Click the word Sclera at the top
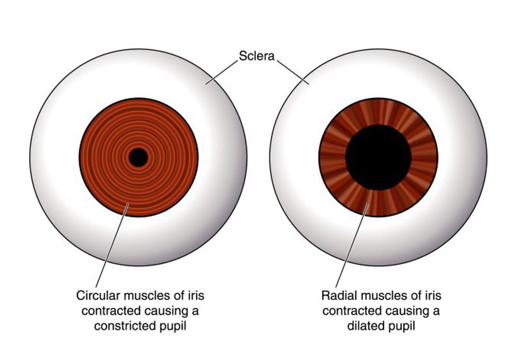click(257, 56)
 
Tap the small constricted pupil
click(138, 157)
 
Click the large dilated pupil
click(378, 157)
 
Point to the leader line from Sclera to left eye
click(222, 72)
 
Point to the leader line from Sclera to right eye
click(293, 72)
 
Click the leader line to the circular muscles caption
click(112, 245)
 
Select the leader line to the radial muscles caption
click(352, 245)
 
